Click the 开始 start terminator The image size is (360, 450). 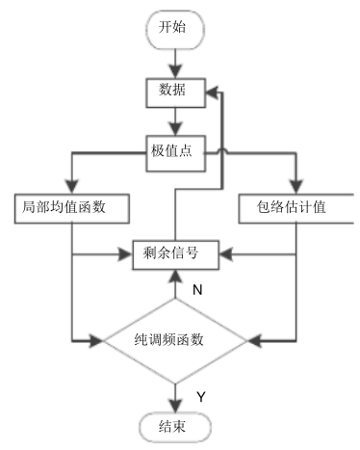click(175, 27)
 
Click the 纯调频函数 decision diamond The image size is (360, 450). click(175, 340)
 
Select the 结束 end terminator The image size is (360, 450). click(175, 425)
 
